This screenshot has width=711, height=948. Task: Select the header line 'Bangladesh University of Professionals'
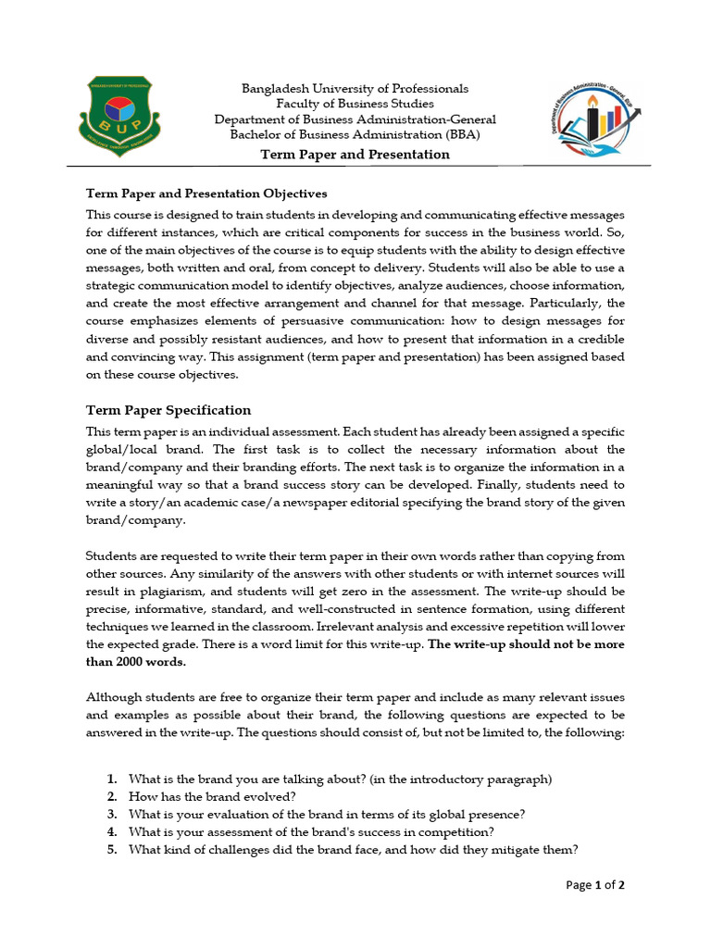click(355, 89)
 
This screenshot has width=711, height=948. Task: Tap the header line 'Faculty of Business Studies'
click(355, 105)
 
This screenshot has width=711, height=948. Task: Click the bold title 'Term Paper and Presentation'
click(355, 155)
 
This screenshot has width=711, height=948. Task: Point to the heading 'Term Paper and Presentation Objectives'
click(206, 194)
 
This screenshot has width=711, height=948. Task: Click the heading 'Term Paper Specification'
click(168, 410)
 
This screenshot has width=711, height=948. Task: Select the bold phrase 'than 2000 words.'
click(136, 662)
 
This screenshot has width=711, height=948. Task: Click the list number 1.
click(111, 779)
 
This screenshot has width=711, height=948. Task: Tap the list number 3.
click(111, 815)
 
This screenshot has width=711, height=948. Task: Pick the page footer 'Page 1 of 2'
click(594, 886)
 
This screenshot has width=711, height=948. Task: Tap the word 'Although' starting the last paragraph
click(114, 697)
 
